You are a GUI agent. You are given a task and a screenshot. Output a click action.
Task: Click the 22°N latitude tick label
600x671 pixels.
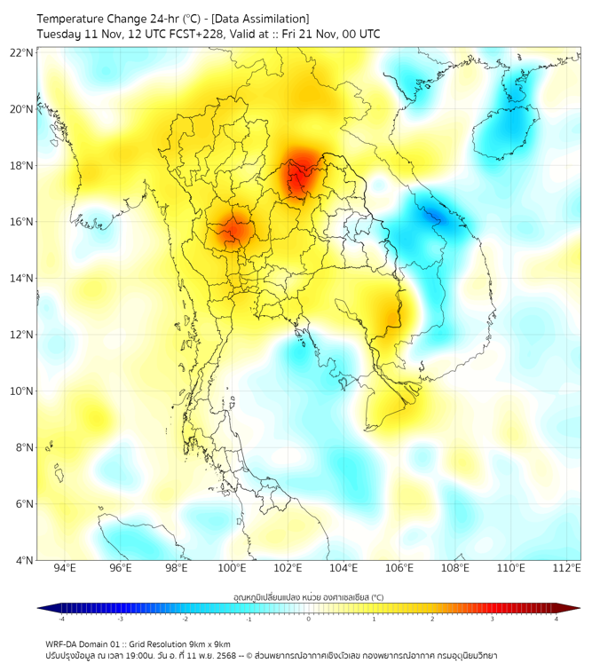click(22, 53)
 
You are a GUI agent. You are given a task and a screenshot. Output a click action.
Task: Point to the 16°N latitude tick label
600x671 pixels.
click(22, 222)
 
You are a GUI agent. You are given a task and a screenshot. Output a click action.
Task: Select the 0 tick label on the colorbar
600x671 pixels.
click(309, 619)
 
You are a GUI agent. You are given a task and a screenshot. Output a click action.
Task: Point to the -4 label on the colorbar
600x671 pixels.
click(60, 619)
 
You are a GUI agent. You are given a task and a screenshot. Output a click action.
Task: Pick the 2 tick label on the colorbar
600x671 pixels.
click(432, 619)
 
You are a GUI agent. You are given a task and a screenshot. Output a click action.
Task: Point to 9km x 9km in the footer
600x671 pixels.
click(207, 643)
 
